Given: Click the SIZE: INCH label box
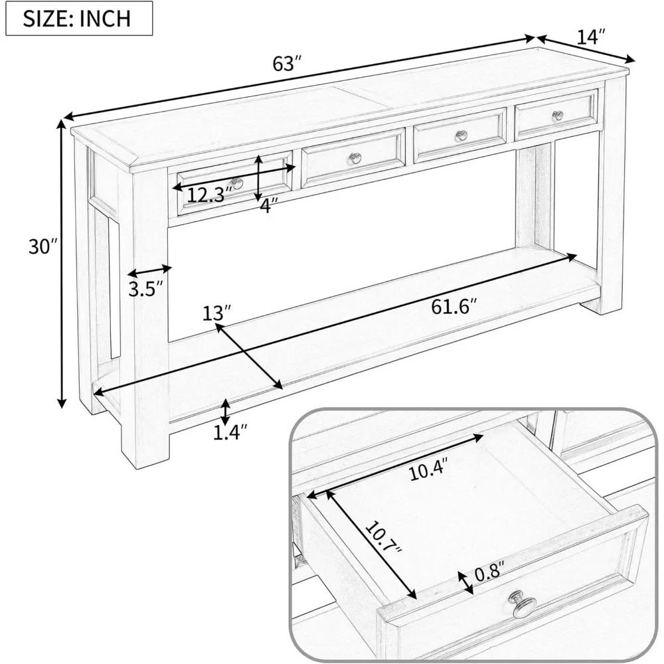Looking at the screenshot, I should click(x=79, y=19).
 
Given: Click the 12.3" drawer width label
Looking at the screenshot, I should click(x=208, y=195).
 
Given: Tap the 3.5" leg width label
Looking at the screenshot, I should click(x=145, y=291).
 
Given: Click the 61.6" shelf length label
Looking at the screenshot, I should click(x=455, y=306).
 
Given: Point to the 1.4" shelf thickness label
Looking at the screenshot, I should click(x=230, y=432).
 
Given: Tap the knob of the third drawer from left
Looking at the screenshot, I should click(x=461, y=135).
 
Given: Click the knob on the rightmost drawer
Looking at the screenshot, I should click(x=556, y=116).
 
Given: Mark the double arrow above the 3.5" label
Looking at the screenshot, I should click(x=149, y=271).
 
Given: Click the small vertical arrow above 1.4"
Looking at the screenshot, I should click(x=226, y=411).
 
